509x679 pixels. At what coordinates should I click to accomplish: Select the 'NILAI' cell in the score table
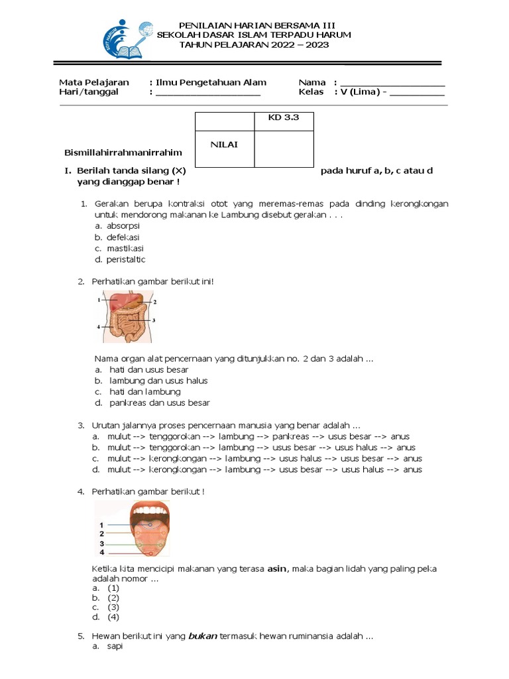coord(224,145)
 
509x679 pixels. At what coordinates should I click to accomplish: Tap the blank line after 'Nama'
coord(392,83)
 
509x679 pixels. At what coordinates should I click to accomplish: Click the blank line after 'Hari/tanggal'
coord(207,93)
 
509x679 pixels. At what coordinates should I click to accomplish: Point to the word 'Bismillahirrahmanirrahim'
coord(123,153)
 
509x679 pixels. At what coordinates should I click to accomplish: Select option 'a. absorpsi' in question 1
coord(117,225)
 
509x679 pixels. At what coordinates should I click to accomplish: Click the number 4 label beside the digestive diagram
coord(99,327)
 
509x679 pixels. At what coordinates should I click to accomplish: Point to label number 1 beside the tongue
coord(101,525)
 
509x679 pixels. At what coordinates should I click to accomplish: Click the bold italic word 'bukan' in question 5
coord(203,636)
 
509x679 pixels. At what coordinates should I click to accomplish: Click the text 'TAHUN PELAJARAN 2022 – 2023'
coord(254,44)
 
